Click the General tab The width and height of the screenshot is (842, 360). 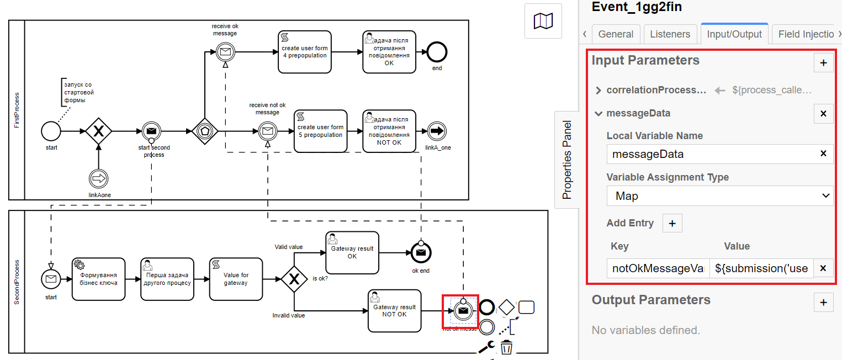pos(616,34)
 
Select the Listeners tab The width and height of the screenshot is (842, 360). pos(670,34)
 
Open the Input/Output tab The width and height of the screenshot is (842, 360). pos(734,34)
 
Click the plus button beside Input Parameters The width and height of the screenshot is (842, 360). pos(823,63)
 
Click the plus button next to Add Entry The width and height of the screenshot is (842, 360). pos(672,223)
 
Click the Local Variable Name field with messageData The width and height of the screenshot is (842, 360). pos(709,154)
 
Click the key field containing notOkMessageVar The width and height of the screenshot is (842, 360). pos(658,268)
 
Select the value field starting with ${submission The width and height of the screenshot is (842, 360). pos(761,268)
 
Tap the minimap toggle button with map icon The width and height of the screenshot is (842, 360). pos(543,21)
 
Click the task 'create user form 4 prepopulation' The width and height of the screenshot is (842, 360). pos(305,51)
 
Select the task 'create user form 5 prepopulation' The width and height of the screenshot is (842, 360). pos(320,131)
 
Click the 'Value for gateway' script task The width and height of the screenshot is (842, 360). pos(236,279)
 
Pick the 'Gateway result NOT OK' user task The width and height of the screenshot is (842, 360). pos(394,310)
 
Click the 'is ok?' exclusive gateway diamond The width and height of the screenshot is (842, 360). pos(294,279)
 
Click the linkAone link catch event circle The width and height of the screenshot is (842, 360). pos(98,179)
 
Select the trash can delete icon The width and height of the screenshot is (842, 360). pos(506,347)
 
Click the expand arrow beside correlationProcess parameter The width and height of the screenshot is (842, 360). pos(599,91)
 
